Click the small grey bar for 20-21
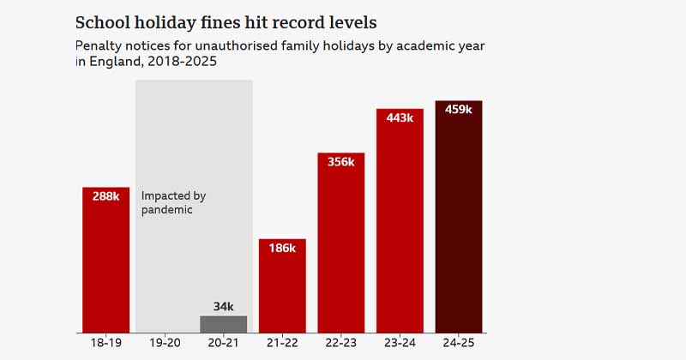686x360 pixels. pos(223,324)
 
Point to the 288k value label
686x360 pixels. pos(105,195)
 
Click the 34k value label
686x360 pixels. pos(223,306)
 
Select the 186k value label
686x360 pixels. pos(282,248)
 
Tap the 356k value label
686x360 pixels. pos(340,161)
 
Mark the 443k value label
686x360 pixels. pos(400,117)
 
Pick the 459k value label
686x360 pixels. pos(459,109)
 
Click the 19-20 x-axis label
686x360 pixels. pos(165,343)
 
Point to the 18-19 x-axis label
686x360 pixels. pos(105,343)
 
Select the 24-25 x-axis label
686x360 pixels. pos(459,343)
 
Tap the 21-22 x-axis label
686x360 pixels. pos(282,343)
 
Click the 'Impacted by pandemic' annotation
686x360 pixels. pos(173,202)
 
